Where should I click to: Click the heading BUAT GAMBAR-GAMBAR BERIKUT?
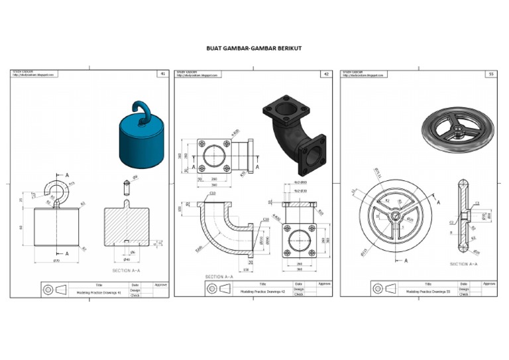pyautogui.click(x=254, y=48)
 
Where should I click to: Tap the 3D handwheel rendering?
pyautogui.click(x=457, y=126)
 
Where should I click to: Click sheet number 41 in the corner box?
pyautogui.click(x=162, y=74)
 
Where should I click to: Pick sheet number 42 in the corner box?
pyautogui.click(x=326, y=74)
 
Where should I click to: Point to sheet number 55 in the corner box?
pyautogui.click(x=490, y=74)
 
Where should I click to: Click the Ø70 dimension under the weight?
pyautogui.click(x=56, y=261)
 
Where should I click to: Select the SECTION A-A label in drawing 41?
pyautogui.click(x=127, y=270)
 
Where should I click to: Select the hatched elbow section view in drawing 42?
pyautogui.click(x=221, y=225)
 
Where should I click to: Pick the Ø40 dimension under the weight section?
pyautogui.click(x=127, y=259)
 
